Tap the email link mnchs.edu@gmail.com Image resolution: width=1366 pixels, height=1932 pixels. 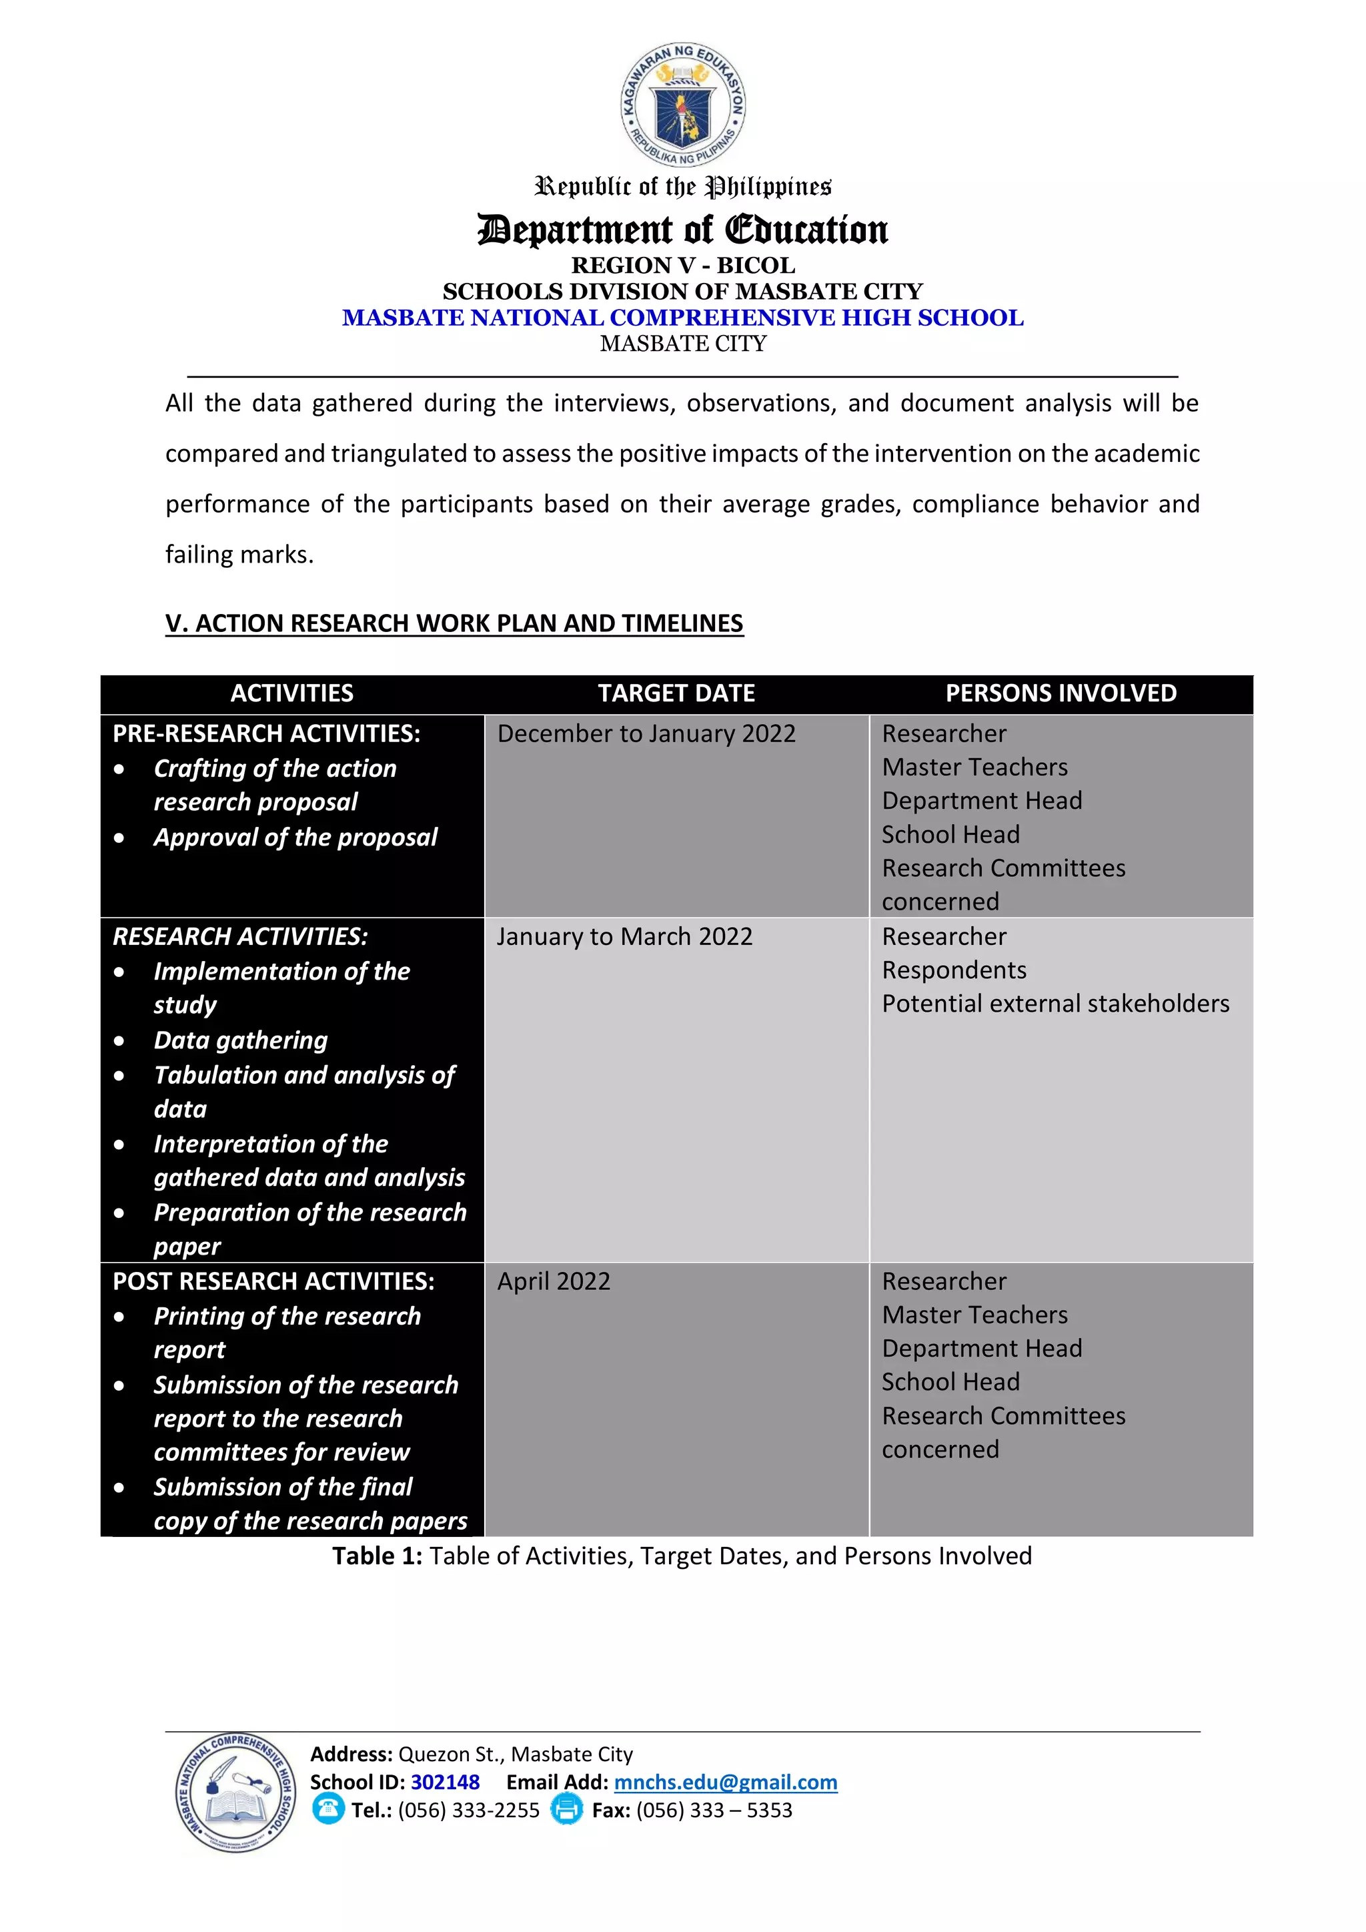pos(725,1783)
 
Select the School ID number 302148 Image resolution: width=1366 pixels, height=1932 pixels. pos(445,1783)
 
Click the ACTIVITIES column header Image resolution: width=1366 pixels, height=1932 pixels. pos(292,693)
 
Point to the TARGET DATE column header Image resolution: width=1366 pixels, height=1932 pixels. pos(676,693)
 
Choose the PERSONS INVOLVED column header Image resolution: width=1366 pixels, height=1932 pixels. pos(1061,693)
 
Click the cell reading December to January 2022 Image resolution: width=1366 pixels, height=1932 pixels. pos(646,733)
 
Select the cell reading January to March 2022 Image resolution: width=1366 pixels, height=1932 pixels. pos(624,936)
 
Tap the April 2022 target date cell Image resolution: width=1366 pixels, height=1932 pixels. pos(554,1281)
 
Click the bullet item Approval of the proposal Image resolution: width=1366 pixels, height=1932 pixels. pos(295,838)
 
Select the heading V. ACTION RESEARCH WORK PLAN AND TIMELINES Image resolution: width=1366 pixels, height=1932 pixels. pos(454,623)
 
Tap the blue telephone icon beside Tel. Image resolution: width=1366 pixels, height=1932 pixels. pos(328,1809)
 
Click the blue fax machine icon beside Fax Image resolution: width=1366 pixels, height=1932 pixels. pos(566,1809)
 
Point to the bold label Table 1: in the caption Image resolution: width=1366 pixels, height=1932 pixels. pos(377,1556)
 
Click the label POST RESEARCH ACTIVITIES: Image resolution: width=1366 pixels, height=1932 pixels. pos(273,1281)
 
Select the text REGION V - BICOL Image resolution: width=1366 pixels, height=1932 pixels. pos(682,265)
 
